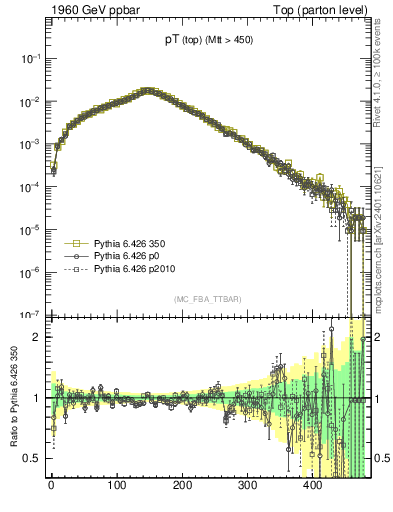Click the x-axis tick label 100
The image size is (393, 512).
pyautogui.click(x=116, y=486)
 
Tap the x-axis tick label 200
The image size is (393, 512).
pyautogui.click(x=182, y=486)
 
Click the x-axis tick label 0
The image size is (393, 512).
pyautogui.click(x=51, y=486)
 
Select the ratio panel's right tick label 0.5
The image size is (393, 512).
pyautogui.click(x=380, y=458)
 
